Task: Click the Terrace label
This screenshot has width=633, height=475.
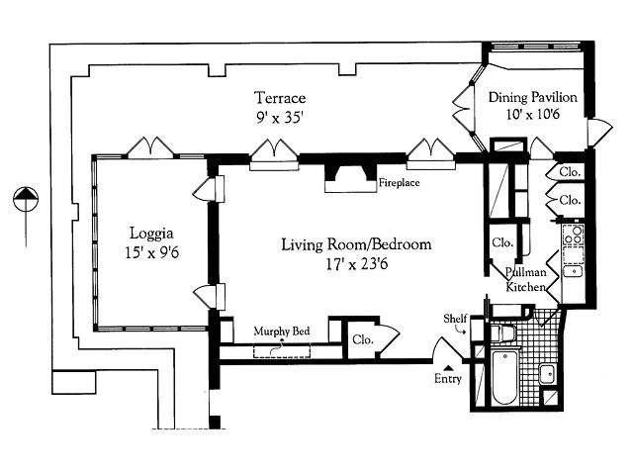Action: pos(279,98)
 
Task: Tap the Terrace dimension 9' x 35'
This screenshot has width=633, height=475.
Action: pos(279,117)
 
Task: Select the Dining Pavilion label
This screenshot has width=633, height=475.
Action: pos(533,97)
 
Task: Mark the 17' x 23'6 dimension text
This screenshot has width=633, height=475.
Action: pos(356,264)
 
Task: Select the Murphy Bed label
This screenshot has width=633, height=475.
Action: pos(279,332)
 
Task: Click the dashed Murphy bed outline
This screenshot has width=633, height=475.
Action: pos(282,350)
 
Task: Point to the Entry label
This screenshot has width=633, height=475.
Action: pos(448,379)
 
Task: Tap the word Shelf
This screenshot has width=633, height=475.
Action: pos(455,318)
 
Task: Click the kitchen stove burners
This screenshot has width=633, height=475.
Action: pos(572,236)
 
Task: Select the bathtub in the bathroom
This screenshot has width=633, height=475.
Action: pos(503,378)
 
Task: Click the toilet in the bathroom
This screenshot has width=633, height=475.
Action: pos(504,332)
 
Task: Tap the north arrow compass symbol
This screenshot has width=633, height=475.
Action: pos(25,201)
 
